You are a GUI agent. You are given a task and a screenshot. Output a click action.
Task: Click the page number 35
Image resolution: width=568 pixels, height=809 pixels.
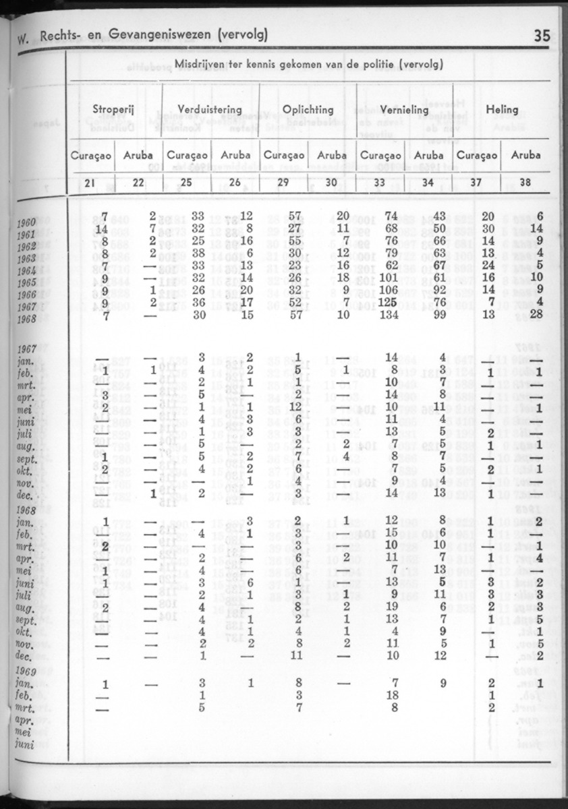(x=542, y=36)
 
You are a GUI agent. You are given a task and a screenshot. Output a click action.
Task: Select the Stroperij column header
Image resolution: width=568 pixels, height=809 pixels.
(x=114, y=109)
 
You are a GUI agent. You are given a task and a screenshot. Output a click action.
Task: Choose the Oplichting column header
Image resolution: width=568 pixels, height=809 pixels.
(x=308, y=109)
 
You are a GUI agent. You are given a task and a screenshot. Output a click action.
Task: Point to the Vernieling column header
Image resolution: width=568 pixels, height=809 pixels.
(x=405, y=109)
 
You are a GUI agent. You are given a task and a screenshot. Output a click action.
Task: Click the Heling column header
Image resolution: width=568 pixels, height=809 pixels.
(x=501, y=109)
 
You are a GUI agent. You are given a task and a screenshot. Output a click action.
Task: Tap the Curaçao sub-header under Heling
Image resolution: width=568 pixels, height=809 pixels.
(x=477, y=154)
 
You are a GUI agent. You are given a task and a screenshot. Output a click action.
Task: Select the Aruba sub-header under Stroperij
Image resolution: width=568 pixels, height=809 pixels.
(x=138, y=154)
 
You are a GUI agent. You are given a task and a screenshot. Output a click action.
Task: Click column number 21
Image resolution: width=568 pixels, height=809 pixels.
(x=90, y=182)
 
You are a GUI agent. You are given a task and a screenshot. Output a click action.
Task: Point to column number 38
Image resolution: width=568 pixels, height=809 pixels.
(x=526, y=182)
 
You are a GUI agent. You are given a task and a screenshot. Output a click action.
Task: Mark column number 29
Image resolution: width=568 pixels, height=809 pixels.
(x=283, y=182)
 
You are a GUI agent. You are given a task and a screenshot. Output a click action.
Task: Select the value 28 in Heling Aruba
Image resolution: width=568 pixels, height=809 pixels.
(x=536, y=316)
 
